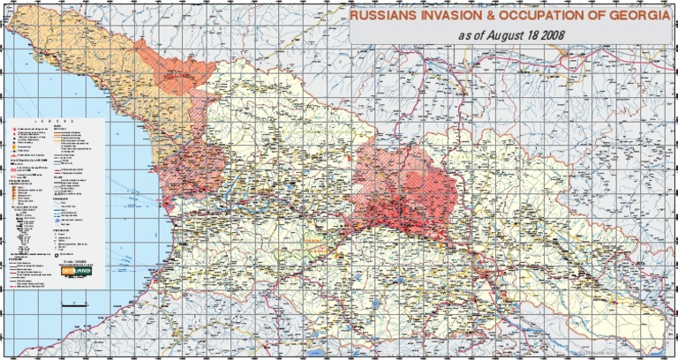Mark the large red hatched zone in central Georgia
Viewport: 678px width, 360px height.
pos(402,190)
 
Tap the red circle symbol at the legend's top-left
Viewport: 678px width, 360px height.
pos(11,129)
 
